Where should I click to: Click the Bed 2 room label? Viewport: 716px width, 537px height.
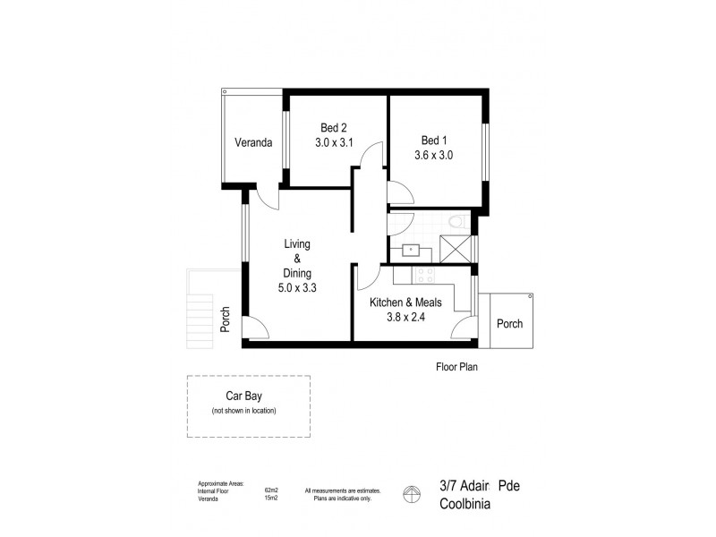click(x=334, y=127)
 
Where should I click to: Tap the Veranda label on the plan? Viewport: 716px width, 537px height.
click(x=253, y=142)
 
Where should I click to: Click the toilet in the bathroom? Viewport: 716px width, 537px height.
click(x=456, y=221)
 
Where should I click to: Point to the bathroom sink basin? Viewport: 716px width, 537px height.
click(x=411, y=250)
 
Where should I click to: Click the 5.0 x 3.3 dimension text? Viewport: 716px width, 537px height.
click(x=296, y=288)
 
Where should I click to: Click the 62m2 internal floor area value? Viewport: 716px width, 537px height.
click(x=271, y=490)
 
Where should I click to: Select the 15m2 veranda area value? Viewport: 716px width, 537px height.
click(x=271, y=499)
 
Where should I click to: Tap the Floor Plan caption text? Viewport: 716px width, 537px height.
click(x=459, y=366)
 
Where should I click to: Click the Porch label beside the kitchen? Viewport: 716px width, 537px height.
click(x=509, y=324)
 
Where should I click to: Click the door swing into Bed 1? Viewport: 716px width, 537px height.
click(x=399, y=191)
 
